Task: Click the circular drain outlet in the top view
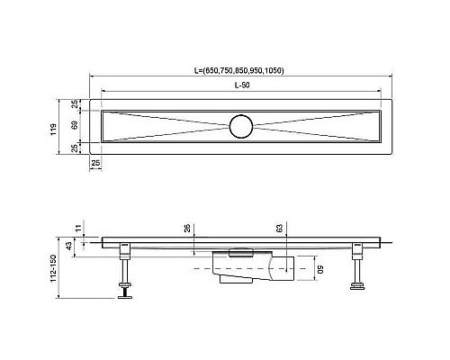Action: [241, 126]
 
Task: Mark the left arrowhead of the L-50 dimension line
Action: [103, 90]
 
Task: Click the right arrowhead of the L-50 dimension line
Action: [379, 90]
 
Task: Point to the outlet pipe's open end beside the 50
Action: [289, 267]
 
